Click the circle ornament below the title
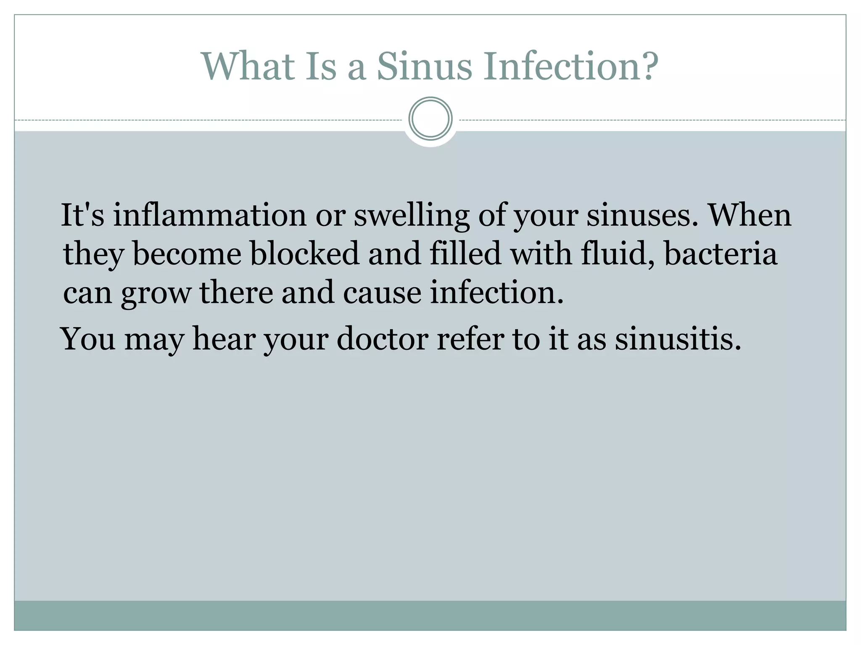[x=430, y=118]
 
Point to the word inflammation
[x=210, y=215]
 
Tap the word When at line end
[x=750, y=215]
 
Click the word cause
[x=382, y=293]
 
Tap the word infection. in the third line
[x=497, y=293]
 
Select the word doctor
[x=382, y=339]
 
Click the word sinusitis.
[x=677, y=339]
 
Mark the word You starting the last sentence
[x=88, y=339]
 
